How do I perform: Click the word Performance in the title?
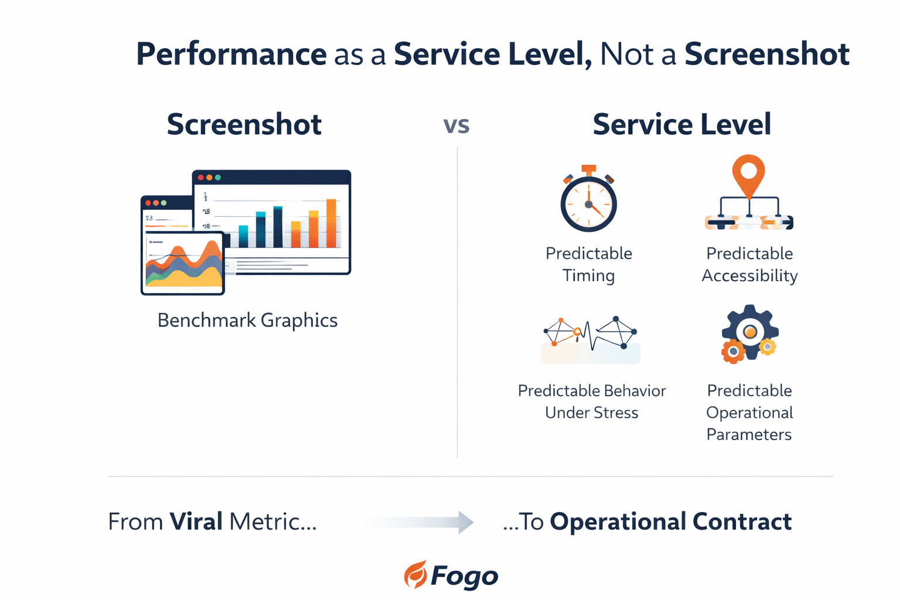pyautogui.click(x=231, y=55)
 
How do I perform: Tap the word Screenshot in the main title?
pyautogui.click(x=767, y=54)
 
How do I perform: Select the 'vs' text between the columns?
pyautogui.click(x=456, y=125)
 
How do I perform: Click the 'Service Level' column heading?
pyautogui.click(x=682, y=124)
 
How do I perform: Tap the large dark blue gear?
pyautogui.click(x=750, y=331)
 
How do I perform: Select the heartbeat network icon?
pyautogui.click(x=590, y=340)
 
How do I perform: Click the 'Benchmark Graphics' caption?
pyautogui.click(x=247, y=321)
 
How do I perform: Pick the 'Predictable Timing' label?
pyautogui.click(x=589, y=264)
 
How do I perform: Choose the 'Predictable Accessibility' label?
pyautogui.click(x=750, y=264)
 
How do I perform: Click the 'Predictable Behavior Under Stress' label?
pyautogui.click(x=592, y=401)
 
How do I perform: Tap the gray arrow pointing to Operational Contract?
pyautogui.click(x=422, y=522)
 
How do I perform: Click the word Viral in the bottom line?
pyautogui.click(x=196, y=521)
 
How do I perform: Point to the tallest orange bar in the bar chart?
pyautogui.click(x=331, y=223)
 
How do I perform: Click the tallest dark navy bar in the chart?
pyautogui.click(x=278, y=227)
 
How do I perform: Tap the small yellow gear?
pyautogui.click(x=768, y=347)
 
